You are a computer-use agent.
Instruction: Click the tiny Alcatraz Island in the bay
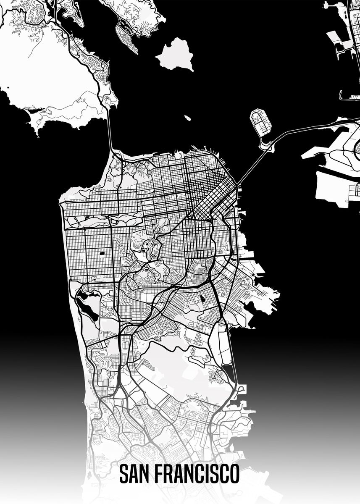click(x=187, y=118)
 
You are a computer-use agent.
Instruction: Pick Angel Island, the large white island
click(x=175, y=54)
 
